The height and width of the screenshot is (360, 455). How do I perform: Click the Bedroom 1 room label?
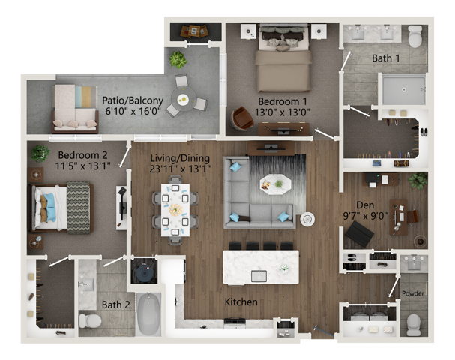pyautogui.click(x=283, y=101)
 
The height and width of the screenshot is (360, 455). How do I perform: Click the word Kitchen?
pyautogui.click(x=242, y=302)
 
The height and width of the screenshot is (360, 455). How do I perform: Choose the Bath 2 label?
pyautogui.click(x=116, y=304)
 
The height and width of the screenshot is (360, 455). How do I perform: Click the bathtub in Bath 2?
pyautogui.click(x=148, y=314)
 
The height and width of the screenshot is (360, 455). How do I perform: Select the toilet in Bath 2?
pyautogui.click(x=91, y=320)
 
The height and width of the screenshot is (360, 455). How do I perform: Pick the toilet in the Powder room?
pyautogui.click(x=413, y=322)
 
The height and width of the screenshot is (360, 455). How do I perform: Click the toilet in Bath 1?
pyautogui.click(x=415, y=37)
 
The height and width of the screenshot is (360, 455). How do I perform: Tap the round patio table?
pyautogui.click(x=184, y=97)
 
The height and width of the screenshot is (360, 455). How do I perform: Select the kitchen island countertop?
pyautogui.click(x=261, y=266)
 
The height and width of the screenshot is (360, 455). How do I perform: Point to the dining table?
pyautogui.click(x=175, y=209)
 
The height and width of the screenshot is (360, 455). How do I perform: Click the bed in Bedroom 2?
pyautogui.click(x=61, y=207)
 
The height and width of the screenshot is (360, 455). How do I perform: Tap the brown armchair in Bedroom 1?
pyautogui.click(x=241, y=118)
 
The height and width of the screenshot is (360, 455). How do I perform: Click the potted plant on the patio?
pyautogui.click(x=178, y=58)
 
